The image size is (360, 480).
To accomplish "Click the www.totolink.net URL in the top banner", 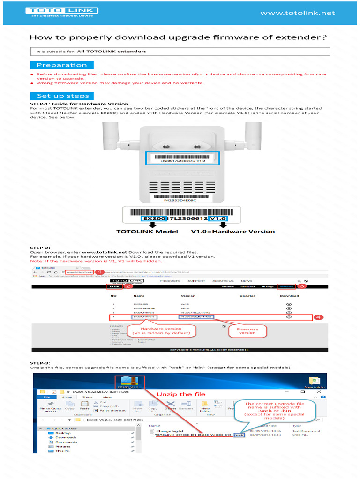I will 298,13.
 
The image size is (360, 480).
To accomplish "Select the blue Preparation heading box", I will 62,65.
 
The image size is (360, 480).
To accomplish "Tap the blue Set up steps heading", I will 62,96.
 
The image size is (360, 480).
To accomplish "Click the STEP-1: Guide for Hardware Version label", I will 79,104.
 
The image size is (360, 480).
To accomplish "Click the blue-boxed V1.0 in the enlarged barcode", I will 218,218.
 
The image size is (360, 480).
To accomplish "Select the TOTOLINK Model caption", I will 147,231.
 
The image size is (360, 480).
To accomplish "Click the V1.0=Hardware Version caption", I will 233,231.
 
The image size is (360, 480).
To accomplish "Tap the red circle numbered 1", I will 99,272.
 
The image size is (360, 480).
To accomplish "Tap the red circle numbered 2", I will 127,286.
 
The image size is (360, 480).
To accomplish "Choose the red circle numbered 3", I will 302,286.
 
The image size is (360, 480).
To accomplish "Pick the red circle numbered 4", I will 318,317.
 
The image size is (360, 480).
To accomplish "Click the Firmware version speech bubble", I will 247,331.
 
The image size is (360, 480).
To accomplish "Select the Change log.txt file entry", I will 170,430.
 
